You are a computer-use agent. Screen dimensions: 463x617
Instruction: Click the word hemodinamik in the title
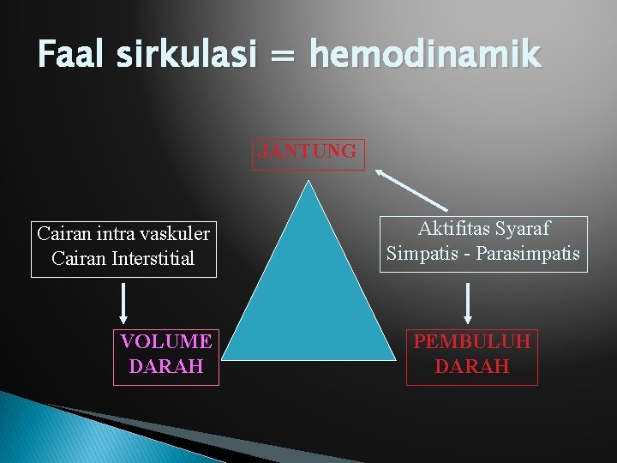point(425,55)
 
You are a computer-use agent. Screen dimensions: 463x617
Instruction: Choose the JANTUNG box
point(308,153)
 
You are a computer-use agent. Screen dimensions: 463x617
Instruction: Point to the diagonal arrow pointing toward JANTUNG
point(411,189)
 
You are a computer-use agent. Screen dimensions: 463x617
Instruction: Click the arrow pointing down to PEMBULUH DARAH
point(468,302)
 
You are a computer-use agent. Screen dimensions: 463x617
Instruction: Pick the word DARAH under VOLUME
point(166,367)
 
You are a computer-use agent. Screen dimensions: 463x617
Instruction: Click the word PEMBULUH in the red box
point(472,341)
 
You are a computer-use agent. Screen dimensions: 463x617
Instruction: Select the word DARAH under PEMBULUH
point(472,367)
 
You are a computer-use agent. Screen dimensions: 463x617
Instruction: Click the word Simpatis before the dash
point(420,255)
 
